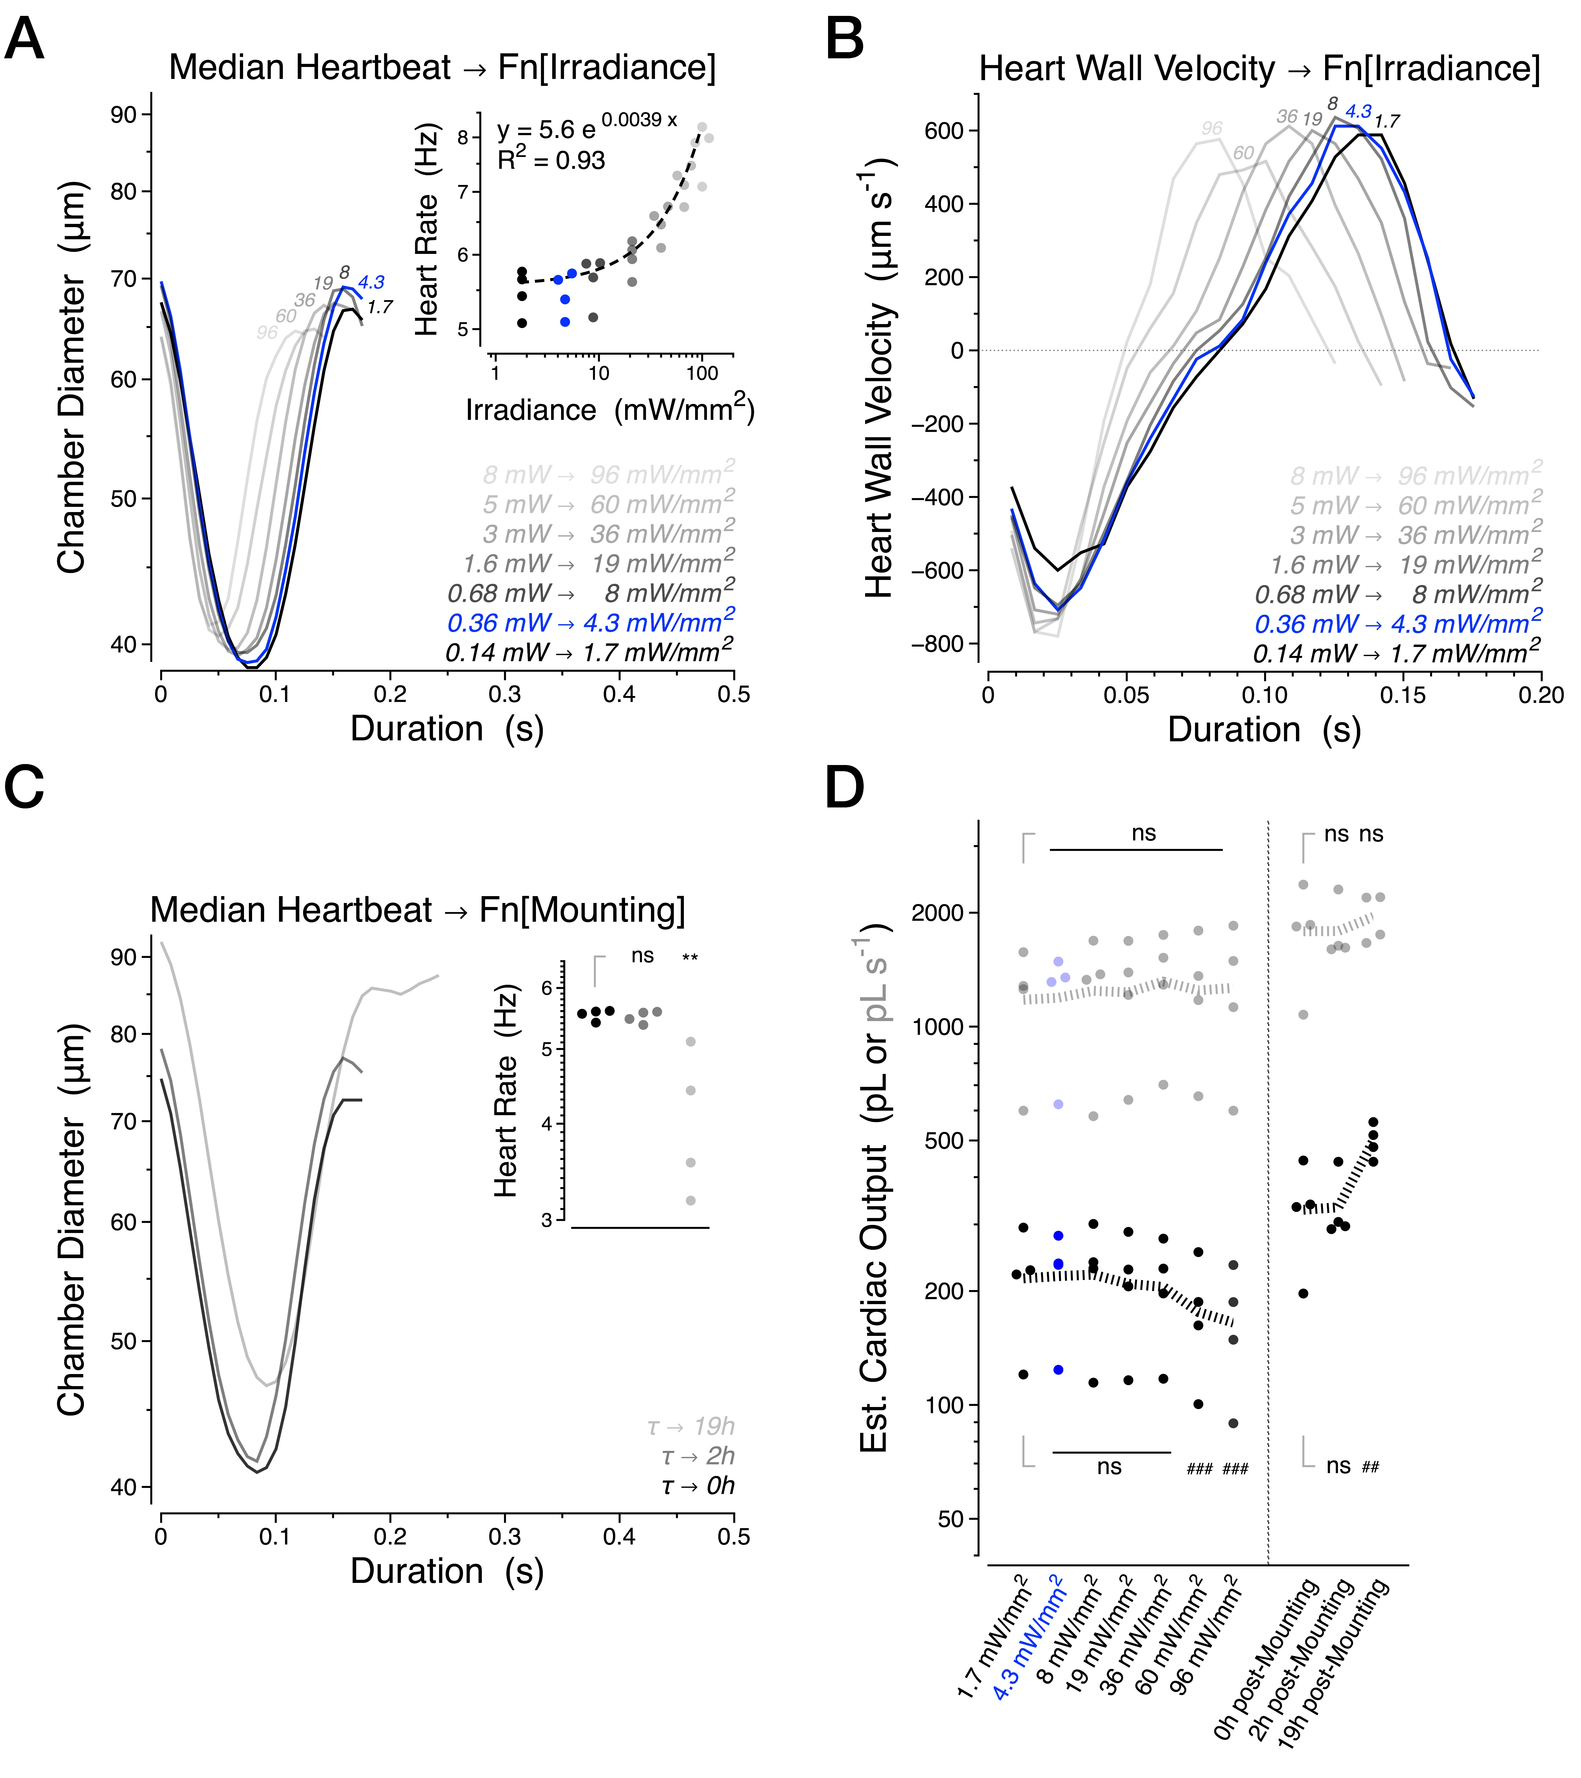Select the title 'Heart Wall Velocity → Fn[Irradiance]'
pos(1259,69)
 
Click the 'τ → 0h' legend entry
pos(698,1486)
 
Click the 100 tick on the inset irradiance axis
pos(701,374)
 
